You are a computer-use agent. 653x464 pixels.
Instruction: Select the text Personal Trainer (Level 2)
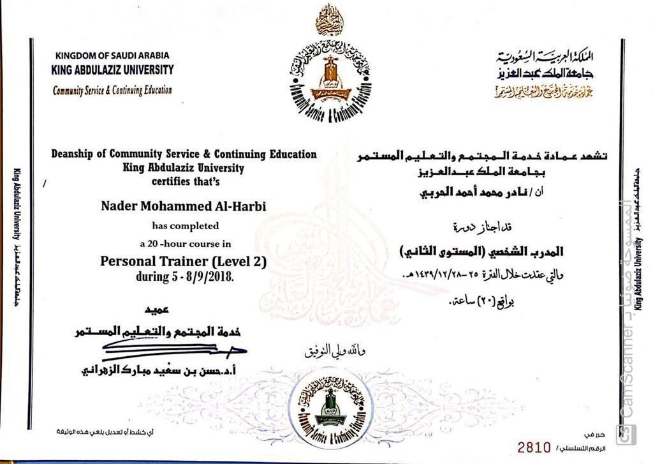pos(183,261)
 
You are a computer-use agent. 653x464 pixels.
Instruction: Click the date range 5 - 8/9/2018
pos(184,277)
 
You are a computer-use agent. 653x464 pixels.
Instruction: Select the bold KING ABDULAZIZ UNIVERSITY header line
pos(112,70)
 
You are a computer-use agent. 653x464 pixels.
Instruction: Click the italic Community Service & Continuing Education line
pos(112,90)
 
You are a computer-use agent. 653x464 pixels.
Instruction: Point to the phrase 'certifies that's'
pos(184,181)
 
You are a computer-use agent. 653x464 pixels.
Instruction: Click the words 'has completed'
pos(185,225)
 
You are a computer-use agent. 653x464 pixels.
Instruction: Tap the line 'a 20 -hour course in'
pos(185,244)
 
